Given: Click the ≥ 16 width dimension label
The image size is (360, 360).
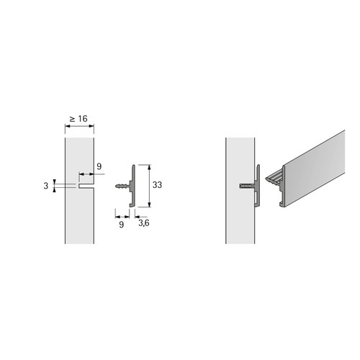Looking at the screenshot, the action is point(78,119).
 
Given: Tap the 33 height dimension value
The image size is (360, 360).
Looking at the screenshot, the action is point(157,185).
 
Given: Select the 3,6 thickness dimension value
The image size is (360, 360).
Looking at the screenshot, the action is point(144,223).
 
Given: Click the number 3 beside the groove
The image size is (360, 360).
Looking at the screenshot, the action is point(46,186).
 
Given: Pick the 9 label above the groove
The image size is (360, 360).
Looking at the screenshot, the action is point(99,166).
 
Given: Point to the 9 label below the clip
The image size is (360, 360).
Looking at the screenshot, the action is point(122,225).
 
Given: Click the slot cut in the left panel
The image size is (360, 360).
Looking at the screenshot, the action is point(86,186).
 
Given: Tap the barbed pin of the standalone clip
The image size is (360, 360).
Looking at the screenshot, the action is point(122,186).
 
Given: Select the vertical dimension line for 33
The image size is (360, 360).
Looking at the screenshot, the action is point(149,186).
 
